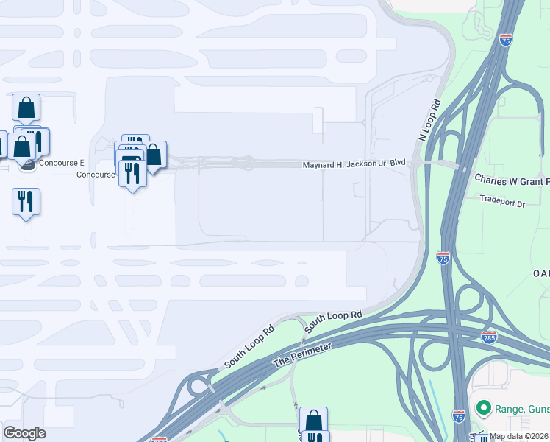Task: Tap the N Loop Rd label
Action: (x=432, y=120)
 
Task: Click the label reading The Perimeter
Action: (x=302, y=354)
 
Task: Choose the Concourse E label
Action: (x=62, y=163)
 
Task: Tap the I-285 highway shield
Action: (x=489, y=337)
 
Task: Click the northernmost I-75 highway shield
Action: (x=505, y=40)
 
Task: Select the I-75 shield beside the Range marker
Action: (x=459, y=416)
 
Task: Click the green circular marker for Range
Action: (x=483, y=407)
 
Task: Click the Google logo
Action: (x=25, y=432)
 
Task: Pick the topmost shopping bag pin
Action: (x=26, y=108)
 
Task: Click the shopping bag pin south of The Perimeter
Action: (x=313, y=421)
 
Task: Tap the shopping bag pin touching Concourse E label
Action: (x=22, y=147)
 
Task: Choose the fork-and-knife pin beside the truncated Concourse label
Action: (x=132, y=174)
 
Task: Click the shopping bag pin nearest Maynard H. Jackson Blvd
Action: (x=153, y=155)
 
